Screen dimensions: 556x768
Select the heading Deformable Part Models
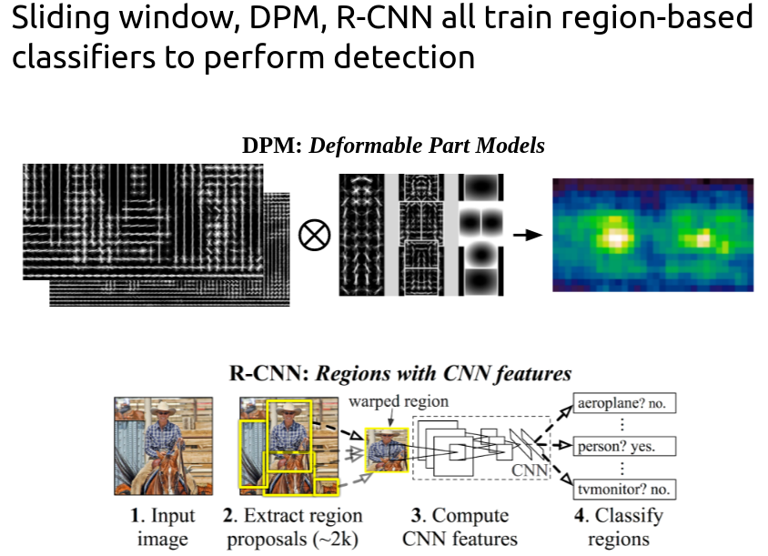[427, 146]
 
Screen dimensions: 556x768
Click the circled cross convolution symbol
[315, 236]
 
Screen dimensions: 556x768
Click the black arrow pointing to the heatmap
[526, 235]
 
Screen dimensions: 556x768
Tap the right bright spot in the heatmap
[702, 239]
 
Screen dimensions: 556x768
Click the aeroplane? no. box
[626, 403]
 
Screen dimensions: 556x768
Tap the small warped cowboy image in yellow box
[384, 450]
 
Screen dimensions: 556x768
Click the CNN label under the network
[529, 470]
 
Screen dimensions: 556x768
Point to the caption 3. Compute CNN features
[460, 528]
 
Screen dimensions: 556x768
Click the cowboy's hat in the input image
[163, 409]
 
